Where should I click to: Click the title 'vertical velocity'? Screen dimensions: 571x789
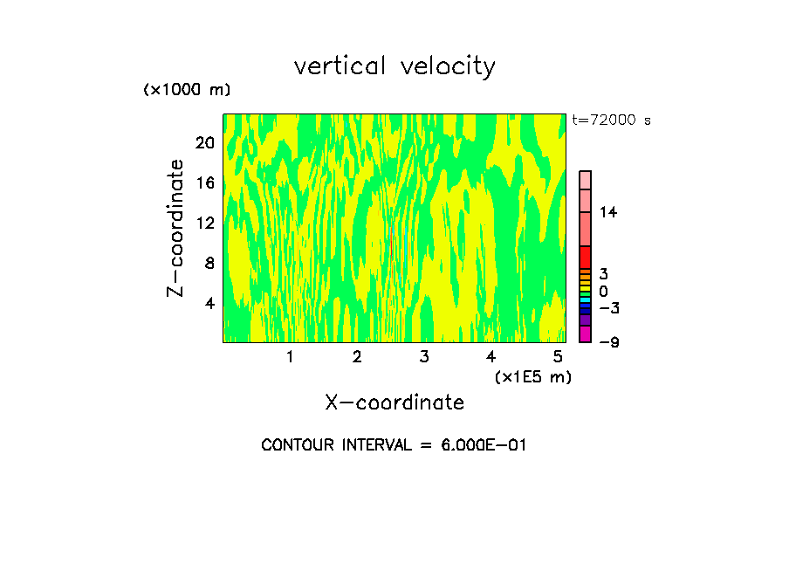tap(394, 66)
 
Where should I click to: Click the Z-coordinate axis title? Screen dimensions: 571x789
tap(176, 228)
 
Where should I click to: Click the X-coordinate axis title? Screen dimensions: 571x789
tap(394, 402)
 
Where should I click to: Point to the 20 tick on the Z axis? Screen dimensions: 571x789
tap(205, 142)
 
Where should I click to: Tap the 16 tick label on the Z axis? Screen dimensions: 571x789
tap(205, 182)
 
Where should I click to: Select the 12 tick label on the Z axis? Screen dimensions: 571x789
tap(205, 223)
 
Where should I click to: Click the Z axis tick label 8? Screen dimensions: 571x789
tap(209, 263)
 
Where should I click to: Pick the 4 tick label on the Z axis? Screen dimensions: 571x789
tap(209, 303)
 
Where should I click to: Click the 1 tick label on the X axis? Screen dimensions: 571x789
tap(290, 357)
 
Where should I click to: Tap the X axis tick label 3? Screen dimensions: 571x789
tap(423, 357)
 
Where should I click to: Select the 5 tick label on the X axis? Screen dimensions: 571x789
tap(558, 357)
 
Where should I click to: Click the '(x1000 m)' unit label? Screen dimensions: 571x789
tap(186, 91)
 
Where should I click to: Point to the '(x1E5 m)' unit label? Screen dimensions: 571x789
tap(532, 376)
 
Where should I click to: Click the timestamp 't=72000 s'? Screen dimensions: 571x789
tap(611, 120)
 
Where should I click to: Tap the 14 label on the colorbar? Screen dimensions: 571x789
tap(608, 212)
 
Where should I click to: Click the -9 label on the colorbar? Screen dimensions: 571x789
tap(608, 342)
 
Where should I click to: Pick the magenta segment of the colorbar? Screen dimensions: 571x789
tap(585, 334)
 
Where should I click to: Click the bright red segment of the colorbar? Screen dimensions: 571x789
tap(585, 258)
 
